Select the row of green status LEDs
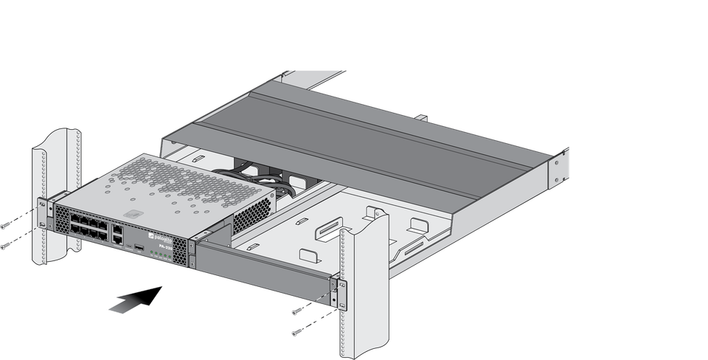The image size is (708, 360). pos(163,255)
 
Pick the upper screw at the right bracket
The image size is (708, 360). pos(297,311)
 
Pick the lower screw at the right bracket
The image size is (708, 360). pos(297,333)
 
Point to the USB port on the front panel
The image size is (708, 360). pos(138,244)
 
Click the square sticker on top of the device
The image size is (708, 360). pos(133,213)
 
